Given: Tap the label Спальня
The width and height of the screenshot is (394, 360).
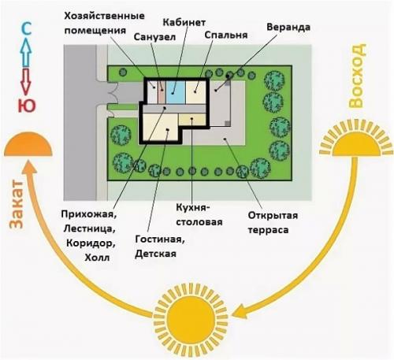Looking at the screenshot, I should [x=225, y=35].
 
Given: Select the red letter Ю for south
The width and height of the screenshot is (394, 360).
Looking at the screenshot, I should [x=25, y=106].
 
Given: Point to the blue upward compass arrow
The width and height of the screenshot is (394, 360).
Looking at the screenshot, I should [x=25, y=54].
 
